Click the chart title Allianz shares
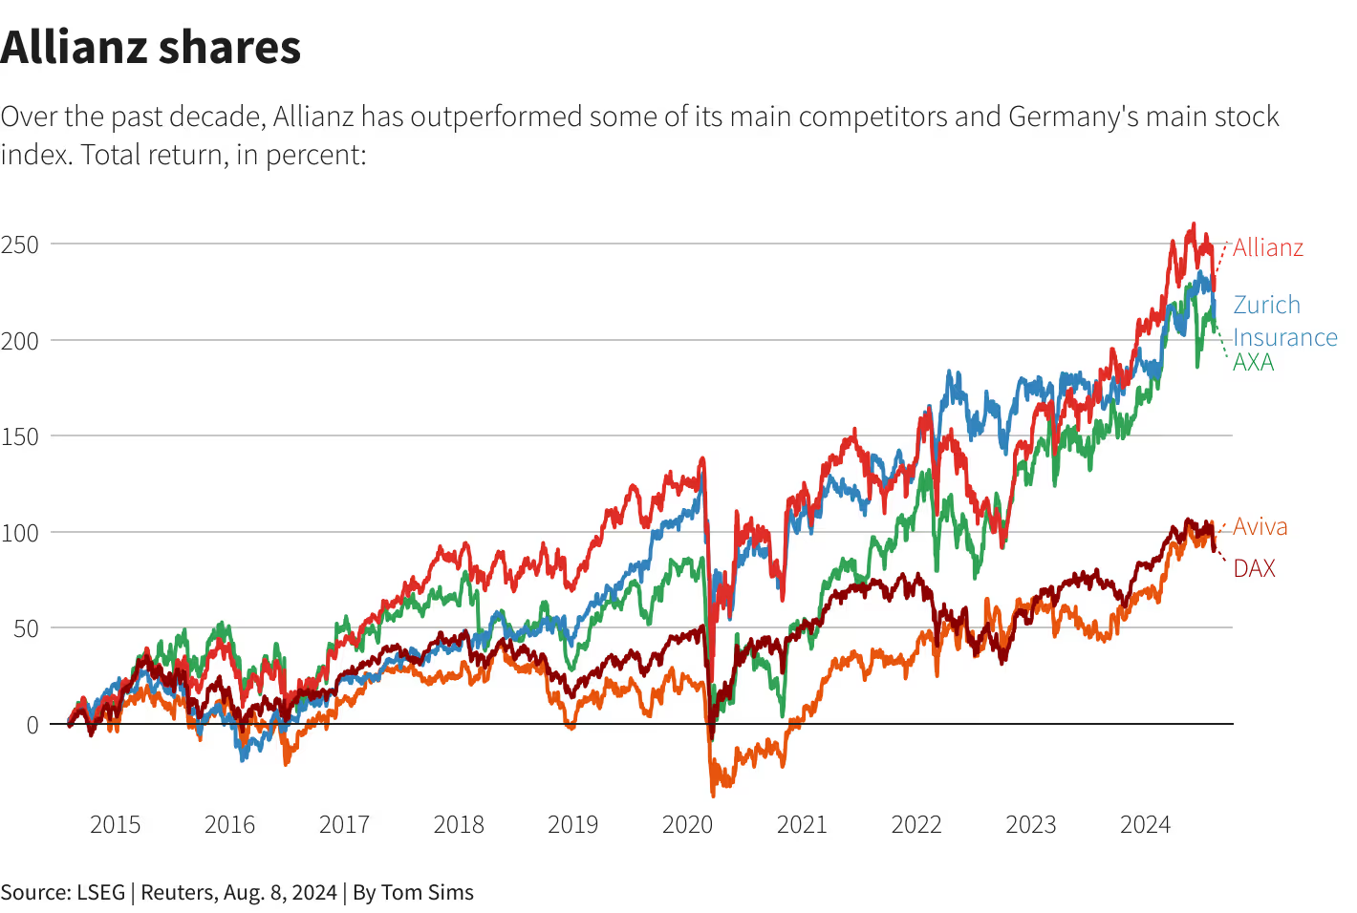pyautogui.click(x=151, y=48)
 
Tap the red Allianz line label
pyautogui.click(x=1267, y=247)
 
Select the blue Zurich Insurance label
pyautogui.click(x=1283, y=321)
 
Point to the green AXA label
pyautogui.click(x=1253, y=363)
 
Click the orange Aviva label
pyautogui.click(x=1260, y=526)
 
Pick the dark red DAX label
pyautogui.click(x=1254, y=568)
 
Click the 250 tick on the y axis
pyautogui.click(x=20, y=244)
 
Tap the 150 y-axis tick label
pyautogui.click(x=20, y=436)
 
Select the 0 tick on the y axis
pyautogui.click(x=32, y=725)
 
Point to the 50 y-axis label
pyautogui.click(x=26, y=628)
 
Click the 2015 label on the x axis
pyautogui.click(x=115, y=824)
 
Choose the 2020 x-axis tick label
pyautogui.click(x=687, y=824)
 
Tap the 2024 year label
pyautogui.click(x=1145, y=824)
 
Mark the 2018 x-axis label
pyautogui.click(x=459, y=824)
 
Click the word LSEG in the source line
pyautogui.click(x=100, y=892)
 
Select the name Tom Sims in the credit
pyautogui.click(x=427, y=892)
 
